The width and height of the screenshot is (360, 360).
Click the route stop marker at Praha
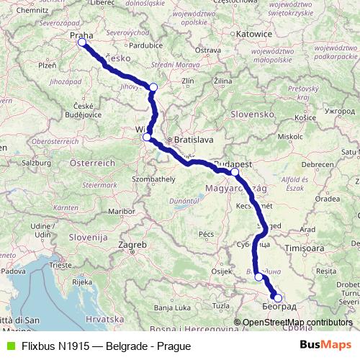pos(82,42)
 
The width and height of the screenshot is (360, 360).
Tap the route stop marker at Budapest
pos(235,172)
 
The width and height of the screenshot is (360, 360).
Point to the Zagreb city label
pos(136,245)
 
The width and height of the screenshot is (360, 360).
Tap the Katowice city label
pos(255,34)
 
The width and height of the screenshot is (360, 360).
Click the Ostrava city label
pos(207,50)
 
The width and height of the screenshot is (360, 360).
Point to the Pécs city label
pos(207,234)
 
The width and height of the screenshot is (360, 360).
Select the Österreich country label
pos(91,163)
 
